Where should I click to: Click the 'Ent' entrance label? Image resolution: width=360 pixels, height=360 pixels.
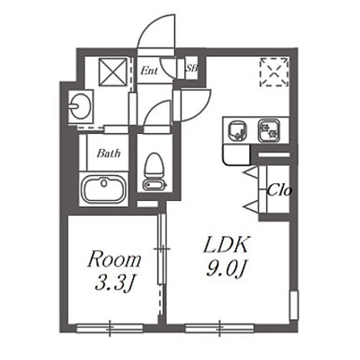(149, 70)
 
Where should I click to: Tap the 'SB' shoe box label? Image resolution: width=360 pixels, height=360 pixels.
(192, 68)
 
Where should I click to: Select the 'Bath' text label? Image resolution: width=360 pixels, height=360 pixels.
(109, 153)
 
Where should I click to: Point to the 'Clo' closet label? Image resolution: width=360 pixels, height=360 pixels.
(280, 191)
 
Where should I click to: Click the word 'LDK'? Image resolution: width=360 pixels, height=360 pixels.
(226, 245)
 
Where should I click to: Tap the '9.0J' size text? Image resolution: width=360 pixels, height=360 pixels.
(226, 269)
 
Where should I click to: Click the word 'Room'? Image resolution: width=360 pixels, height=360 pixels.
(115, 260)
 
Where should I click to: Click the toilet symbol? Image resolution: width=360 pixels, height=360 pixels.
(154, 172)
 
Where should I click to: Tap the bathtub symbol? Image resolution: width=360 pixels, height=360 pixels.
(105, 190)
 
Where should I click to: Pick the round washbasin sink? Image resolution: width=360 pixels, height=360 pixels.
(80, 106)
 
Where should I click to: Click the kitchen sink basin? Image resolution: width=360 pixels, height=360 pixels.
(238, 131)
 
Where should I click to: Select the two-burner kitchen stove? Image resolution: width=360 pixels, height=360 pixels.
(269, 131)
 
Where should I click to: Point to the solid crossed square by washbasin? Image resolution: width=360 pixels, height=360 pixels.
(113, 72)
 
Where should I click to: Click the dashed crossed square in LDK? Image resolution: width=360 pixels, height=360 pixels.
(274, 72)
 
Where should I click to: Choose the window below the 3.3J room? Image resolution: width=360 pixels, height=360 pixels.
(110, 328)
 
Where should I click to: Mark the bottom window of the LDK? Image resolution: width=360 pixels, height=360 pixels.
(219, 328)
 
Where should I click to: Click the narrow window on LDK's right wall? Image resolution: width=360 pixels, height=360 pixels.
(294, 305)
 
